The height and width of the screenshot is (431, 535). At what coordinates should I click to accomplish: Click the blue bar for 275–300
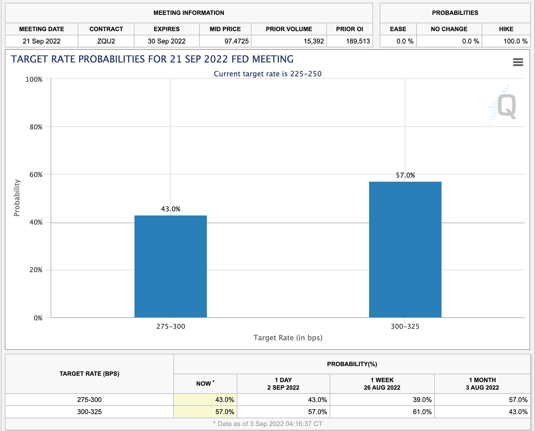[x=170, y=266]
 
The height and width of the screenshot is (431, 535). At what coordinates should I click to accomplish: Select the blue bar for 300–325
[x=405, y=250]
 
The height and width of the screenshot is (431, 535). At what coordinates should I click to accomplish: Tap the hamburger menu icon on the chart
[x=518, y=62]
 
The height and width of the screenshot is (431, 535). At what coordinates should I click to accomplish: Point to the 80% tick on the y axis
[x=36, y=127]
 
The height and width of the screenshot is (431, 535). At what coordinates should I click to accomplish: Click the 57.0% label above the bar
[x=405, y=175]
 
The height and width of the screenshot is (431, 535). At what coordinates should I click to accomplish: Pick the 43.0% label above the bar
[x=170, y=209]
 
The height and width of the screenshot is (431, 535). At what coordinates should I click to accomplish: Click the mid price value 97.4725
[x=236, y=41]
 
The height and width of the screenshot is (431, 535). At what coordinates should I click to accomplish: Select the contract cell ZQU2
[x=106, y=41]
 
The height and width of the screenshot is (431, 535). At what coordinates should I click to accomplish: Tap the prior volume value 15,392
[x=313, y=41]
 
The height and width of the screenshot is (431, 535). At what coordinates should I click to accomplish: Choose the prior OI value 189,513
[x=358, y=41]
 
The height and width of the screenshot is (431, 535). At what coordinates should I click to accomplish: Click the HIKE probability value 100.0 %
[x=515, y=41]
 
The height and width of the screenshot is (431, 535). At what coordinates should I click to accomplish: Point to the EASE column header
[x=398, y=29]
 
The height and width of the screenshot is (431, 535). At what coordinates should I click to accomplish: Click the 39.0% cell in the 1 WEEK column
[x=422, y=400]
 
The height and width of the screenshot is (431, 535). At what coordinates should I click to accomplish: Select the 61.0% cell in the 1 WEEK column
[x=422, y=412]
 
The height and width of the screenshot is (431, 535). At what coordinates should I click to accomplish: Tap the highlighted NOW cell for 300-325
[x=224, y=412]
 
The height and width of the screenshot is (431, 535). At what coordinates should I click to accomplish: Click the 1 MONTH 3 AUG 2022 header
[x=482, y=384]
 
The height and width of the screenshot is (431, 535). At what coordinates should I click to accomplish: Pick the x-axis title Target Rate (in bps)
[x=288, y=338]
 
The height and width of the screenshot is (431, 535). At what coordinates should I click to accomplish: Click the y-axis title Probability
[x=17, y=198]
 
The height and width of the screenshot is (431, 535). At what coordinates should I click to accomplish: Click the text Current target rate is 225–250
[x=267, y=74]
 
